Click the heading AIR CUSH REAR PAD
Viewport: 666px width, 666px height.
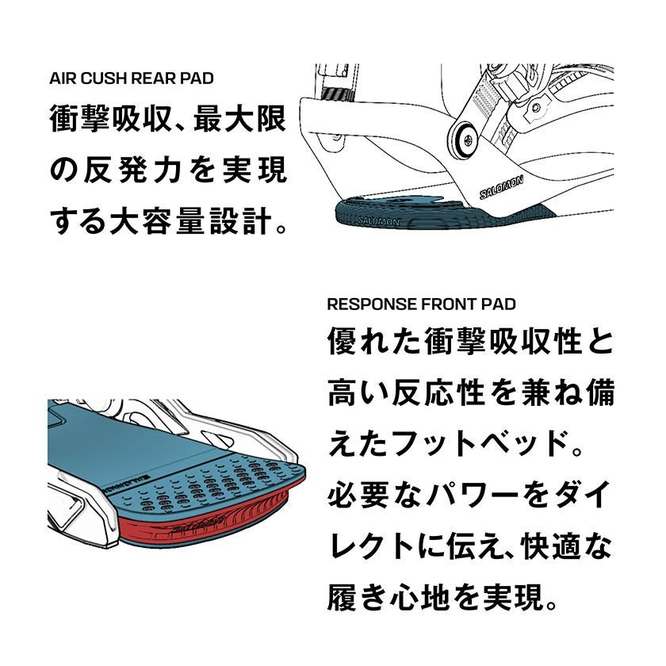click(x=132, y=78)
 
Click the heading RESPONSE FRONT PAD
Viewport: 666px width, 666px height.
click(x=421, y=304)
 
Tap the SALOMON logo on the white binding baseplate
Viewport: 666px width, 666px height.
click(x=501, y=187)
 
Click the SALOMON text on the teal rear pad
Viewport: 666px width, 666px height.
click(x=378, y=221)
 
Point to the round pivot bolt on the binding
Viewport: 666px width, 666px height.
click(x=465, y=140)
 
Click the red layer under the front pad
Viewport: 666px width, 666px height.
click(x=204, y=520)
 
